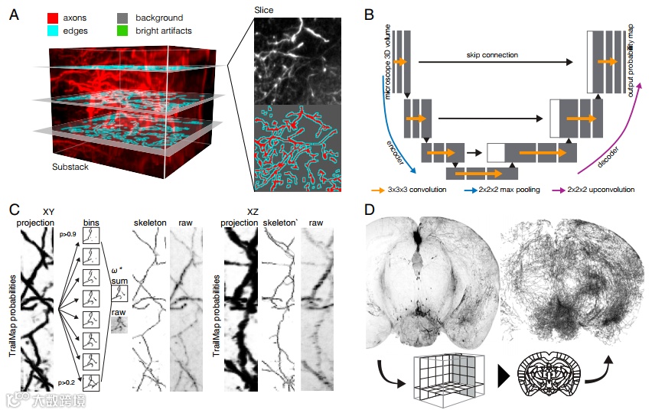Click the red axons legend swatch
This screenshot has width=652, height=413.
coord(54,16)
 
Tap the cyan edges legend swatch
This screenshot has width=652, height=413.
coord(54,30)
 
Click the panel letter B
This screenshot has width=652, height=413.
coord(369,15)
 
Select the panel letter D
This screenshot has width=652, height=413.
coord(369,209)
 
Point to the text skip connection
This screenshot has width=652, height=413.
coord(492,55)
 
